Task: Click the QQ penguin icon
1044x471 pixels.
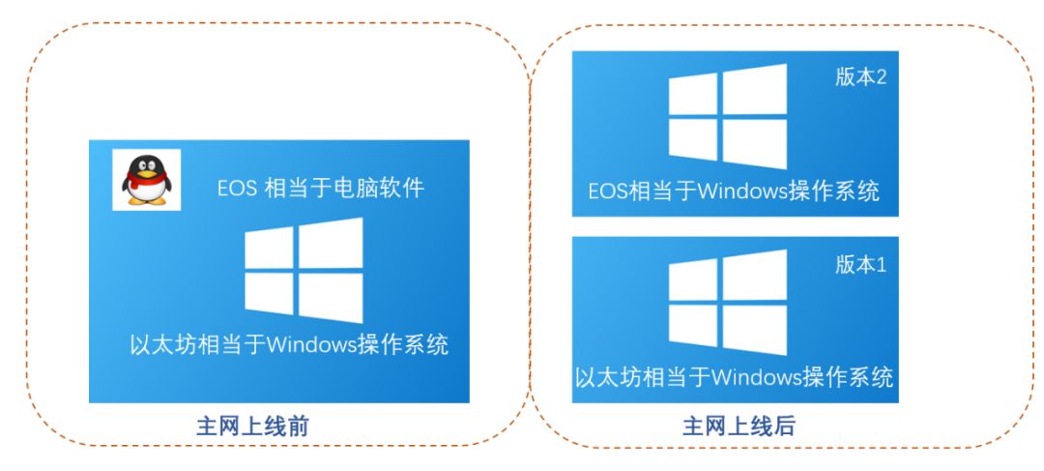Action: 144,180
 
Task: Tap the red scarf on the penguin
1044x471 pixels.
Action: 144,181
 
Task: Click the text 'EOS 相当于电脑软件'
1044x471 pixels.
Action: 320,188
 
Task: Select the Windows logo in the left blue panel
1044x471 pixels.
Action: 304,270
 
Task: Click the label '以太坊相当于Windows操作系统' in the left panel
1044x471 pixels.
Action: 289,344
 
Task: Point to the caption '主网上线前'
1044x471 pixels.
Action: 252,426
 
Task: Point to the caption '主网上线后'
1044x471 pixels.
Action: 739,426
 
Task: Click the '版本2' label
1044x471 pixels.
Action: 860,78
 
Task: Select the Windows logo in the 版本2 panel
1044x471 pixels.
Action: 728,116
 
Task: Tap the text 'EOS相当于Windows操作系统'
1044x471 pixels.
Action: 734,191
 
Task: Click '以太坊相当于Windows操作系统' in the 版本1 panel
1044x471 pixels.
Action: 734,376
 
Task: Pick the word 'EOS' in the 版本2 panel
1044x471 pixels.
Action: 608,191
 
